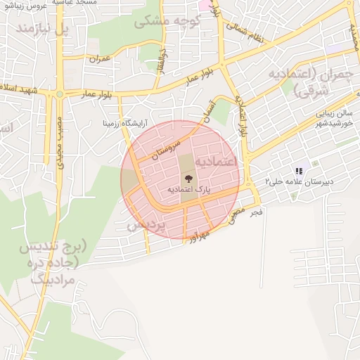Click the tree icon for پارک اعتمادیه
[186, 179]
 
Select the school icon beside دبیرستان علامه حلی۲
[300, 171]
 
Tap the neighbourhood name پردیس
[146, 225]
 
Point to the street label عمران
[101, 59]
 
